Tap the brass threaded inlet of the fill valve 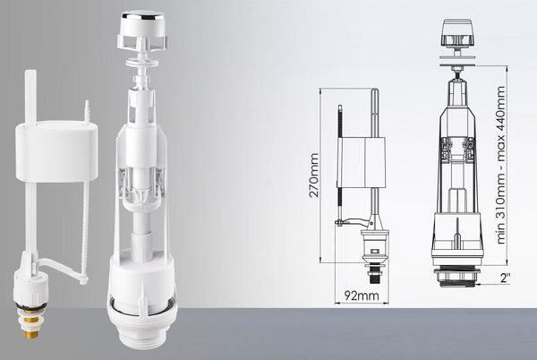coord(32,321)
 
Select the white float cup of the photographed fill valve coord(56,151)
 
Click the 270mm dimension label coord(314,175)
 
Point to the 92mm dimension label coord(362,296)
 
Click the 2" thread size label coord(505,278)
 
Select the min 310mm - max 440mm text coord(500,165)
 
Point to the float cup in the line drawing coord(362,162)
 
